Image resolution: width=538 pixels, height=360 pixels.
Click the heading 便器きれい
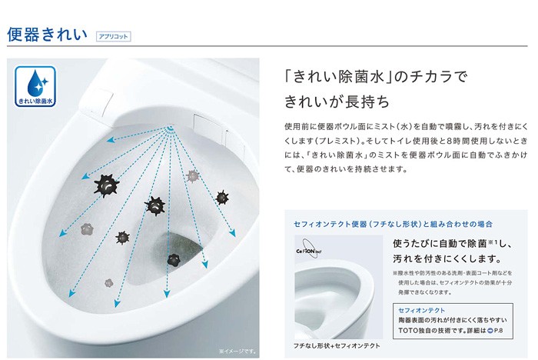(47, 35)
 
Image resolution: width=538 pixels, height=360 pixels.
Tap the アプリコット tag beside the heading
(113, 36)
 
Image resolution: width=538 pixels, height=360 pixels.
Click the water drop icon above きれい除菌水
(33, 82)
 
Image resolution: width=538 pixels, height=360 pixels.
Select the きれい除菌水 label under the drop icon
(34, 101)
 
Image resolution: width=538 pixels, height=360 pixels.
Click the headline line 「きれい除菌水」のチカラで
(374, 77)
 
